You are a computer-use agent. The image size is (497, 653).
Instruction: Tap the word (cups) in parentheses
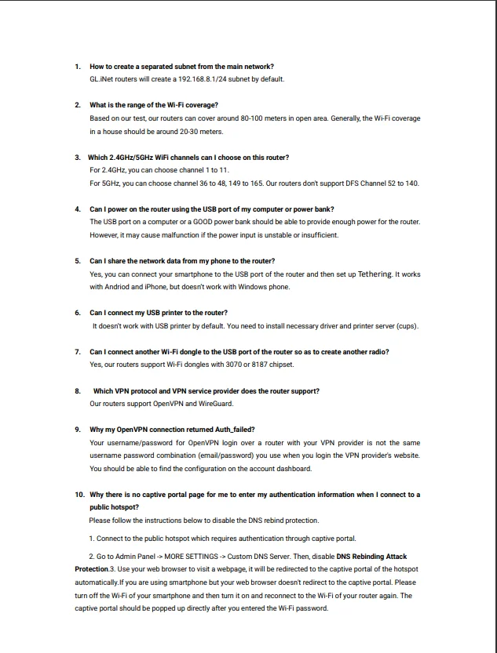(x=407, y=325)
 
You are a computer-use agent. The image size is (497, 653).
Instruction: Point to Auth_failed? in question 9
(x=232, y=430)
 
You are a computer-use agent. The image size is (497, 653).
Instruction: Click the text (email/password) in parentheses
(x=227, y=455)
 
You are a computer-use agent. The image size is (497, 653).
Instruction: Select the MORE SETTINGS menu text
(x=192, y=557)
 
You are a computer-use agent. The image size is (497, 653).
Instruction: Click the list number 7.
(x=78, y=352)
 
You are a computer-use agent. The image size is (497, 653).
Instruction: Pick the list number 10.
(x=80, y=495)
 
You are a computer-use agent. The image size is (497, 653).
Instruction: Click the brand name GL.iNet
(x=102, y=79)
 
